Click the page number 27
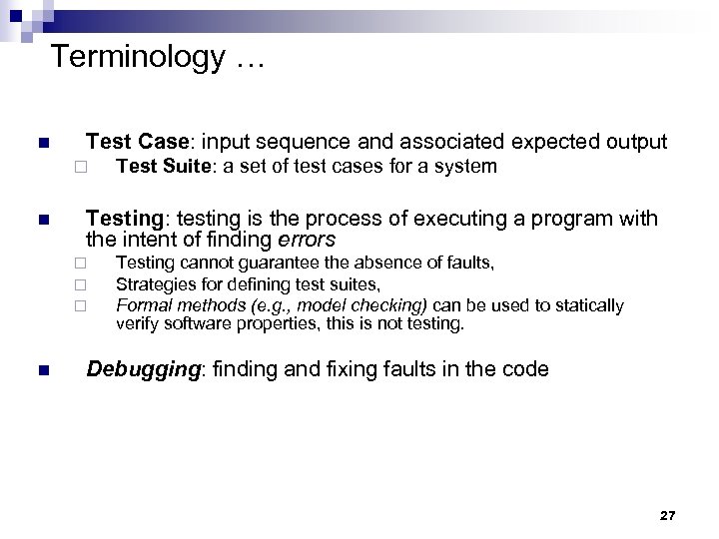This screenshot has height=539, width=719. click(668, 515)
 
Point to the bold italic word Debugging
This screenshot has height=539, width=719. click(143, 369)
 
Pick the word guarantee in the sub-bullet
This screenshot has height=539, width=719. click(275, 264)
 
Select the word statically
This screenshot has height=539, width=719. click(585, 304)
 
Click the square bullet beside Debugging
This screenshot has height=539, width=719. click(41, 370)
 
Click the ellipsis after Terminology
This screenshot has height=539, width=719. click(250, 59)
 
